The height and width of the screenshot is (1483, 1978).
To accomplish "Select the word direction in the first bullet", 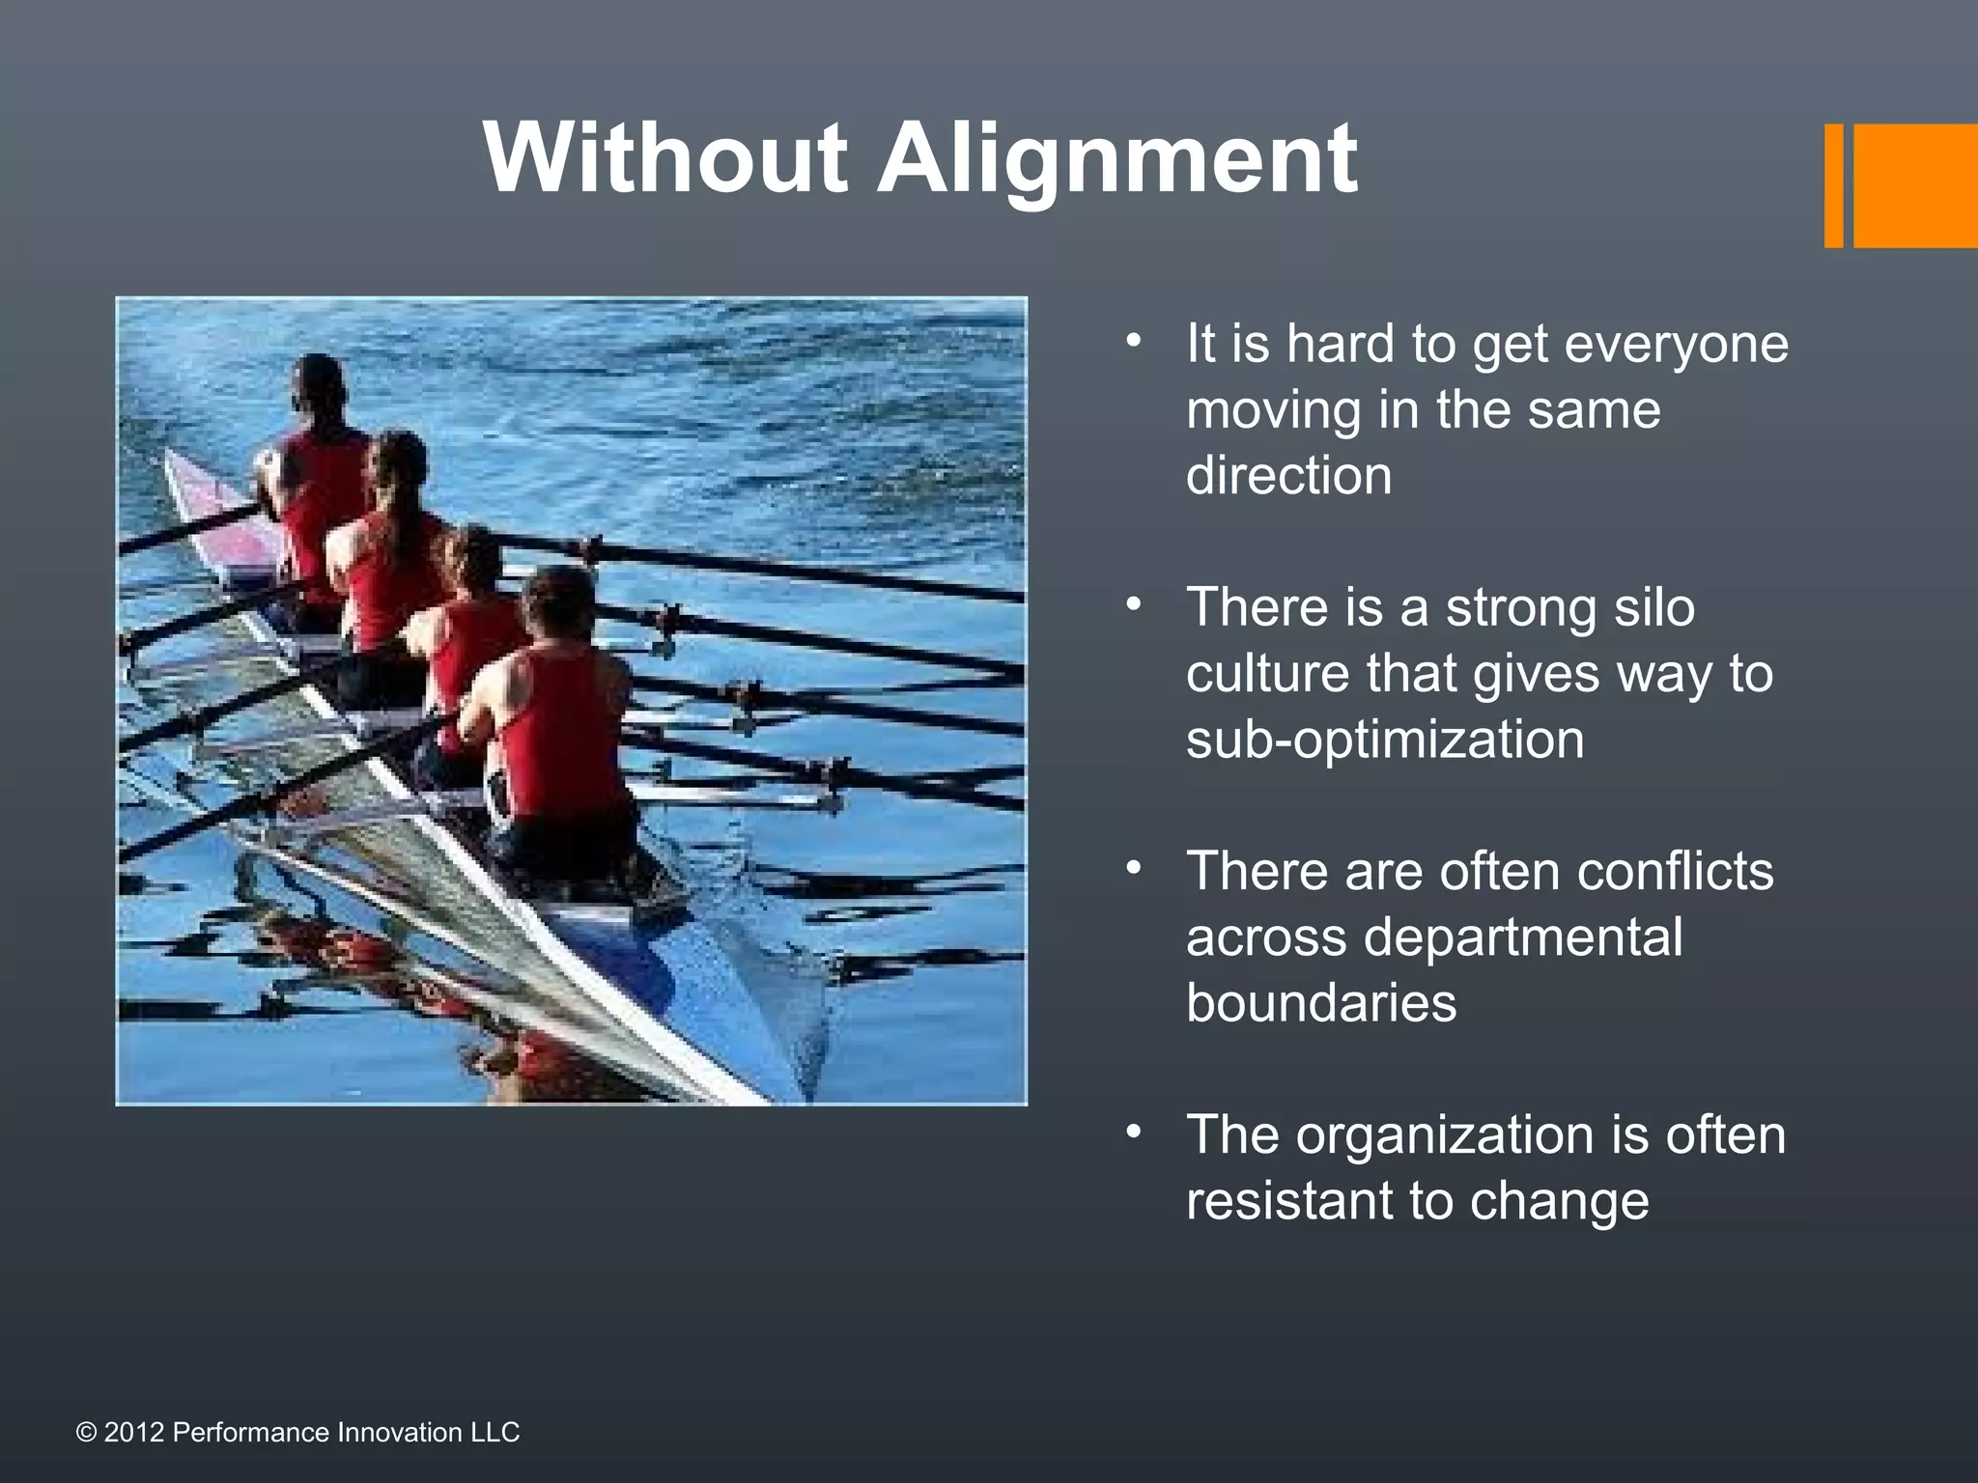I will tap(1288, 476).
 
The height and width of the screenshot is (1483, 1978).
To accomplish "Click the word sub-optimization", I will tap(1385, 741).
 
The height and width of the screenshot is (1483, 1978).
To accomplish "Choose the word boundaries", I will tap(1321, 1003).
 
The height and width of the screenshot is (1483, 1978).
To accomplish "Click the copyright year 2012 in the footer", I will tap(134, 1433).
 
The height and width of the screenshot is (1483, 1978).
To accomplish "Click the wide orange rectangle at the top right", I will tap(1914, 185).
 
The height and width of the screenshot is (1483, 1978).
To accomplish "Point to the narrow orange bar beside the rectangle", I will tap(1833, 185).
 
